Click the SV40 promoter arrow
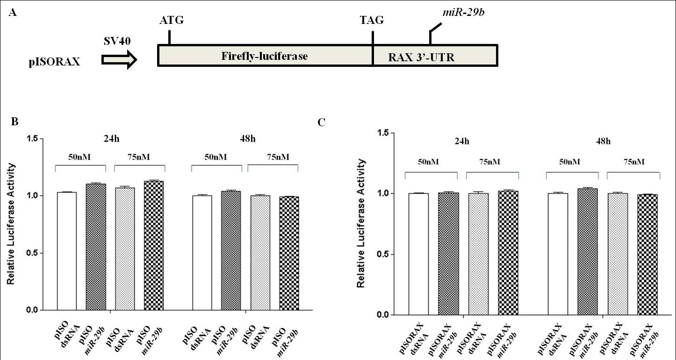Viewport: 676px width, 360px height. (x=119, y=59)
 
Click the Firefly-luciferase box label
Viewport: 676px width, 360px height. (x=264, y=57)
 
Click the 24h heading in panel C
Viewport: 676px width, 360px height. (x=463, y=141)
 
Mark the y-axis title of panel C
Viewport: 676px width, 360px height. (x=361, y=223)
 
